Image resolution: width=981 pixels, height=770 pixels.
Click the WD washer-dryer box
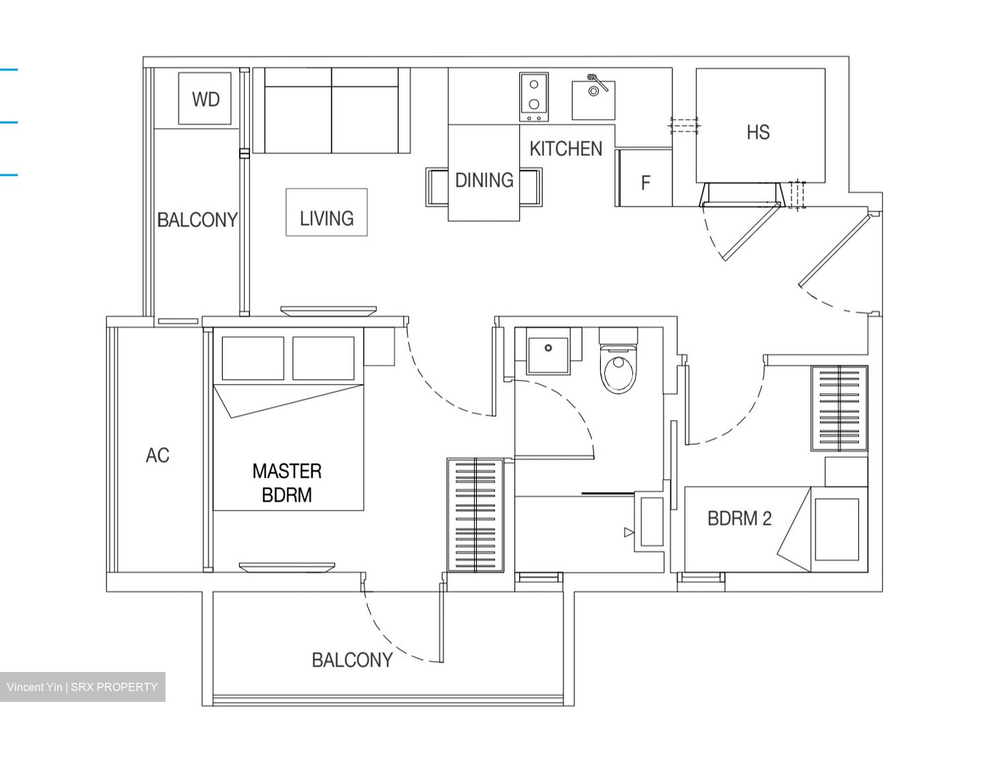[205, 99]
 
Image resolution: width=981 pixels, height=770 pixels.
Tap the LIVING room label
[326, 218]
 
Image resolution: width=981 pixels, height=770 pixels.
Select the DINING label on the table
[484, 180]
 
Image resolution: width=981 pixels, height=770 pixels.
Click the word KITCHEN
[565, 148]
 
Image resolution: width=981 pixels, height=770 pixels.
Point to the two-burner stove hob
[534, 97]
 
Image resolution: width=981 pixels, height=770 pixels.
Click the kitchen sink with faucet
[593, 99]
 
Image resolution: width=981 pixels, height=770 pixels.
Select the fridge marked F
[644, 180]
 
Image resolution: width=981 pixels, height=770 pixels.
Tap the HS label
[758, 132]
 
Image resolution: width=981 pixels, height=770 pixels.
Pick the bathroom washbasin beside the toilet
[548, 354]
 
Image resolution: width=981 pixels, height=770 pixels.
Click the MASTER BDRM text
[287, 483]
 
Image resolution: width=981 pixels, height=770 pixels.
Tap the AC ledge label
[157, 455]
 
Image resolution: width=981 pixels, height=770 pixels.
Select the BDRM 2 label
[739, 518]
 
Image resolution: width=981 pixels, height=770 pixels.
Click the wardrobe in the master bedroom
[475, 515]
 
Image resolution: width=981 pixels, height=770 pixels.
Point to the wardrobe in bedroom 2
[839, 408]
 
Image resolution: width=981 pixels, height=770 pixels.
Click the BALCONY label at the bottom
[352, 659]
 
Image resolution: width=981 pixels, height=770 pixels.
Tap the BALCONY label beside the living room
[197, 219]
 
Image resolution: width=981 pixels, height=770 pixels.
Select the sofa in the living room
[331, 111]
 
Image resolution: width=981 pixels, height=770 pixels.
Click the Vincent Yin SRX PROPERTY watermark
[82, 687]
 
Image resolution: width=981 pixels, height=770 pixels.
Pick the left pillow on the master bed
[253, 358]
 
